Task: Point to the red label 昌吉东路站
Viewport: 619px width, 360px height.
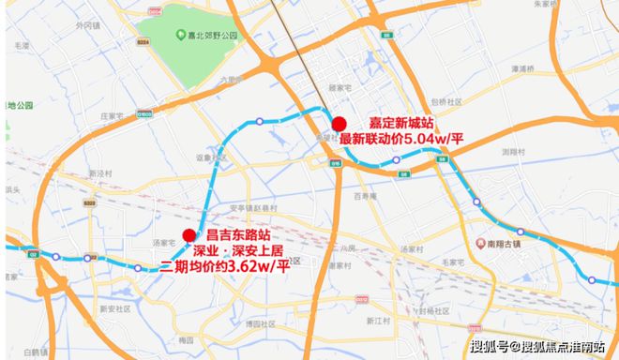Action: (244, 235)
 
